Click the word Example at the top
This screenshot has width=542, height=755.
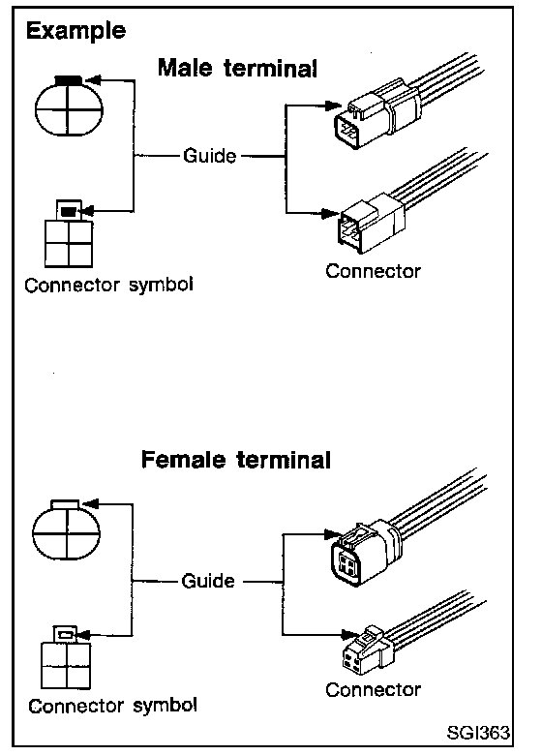[x=75, y=32]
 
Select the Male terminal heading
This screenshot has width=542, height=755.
[x=238, y=68]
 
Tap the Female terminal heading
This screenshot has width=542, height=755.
[x=236, y=460]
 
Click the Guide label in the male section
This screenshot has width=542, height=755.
[x=210, y=156]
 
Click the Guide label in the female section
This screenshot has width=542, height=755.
[x=208, y=581]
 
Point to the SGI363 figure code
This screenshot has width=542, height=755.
[x=478, y=733]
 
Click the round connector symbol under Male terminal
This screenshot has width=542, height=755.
[x=69, y=106]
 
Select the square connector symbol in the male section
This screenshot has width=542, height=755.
[x=69, y=234]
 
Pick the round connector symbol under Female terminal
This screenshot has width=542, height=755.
[x=67, y=529]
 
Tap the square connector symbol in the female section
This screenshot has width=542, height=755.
[x=66, y=658]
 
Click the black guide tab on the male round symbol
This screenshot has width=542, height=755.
[x=69, y=80]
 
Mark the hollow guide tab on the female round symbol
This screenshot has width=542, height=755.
[x=65, y=504]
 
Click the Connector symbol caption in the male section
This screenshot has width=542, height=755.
[x=108, y=285]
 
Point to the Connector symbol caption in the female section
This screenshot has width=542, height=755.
[x=112, y=706]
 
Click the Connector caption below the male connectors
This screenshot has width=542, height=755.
[x=373, y=271]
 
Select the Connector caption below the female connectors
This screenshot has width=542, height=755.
[x=373, y=690]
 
